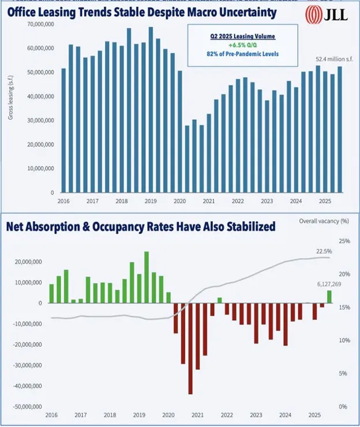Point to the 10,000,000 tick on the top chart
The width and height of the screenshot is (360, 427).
[x=41, y=169]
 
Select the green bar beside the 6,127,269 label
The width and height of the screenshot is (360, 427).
[x=329, y=296]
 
